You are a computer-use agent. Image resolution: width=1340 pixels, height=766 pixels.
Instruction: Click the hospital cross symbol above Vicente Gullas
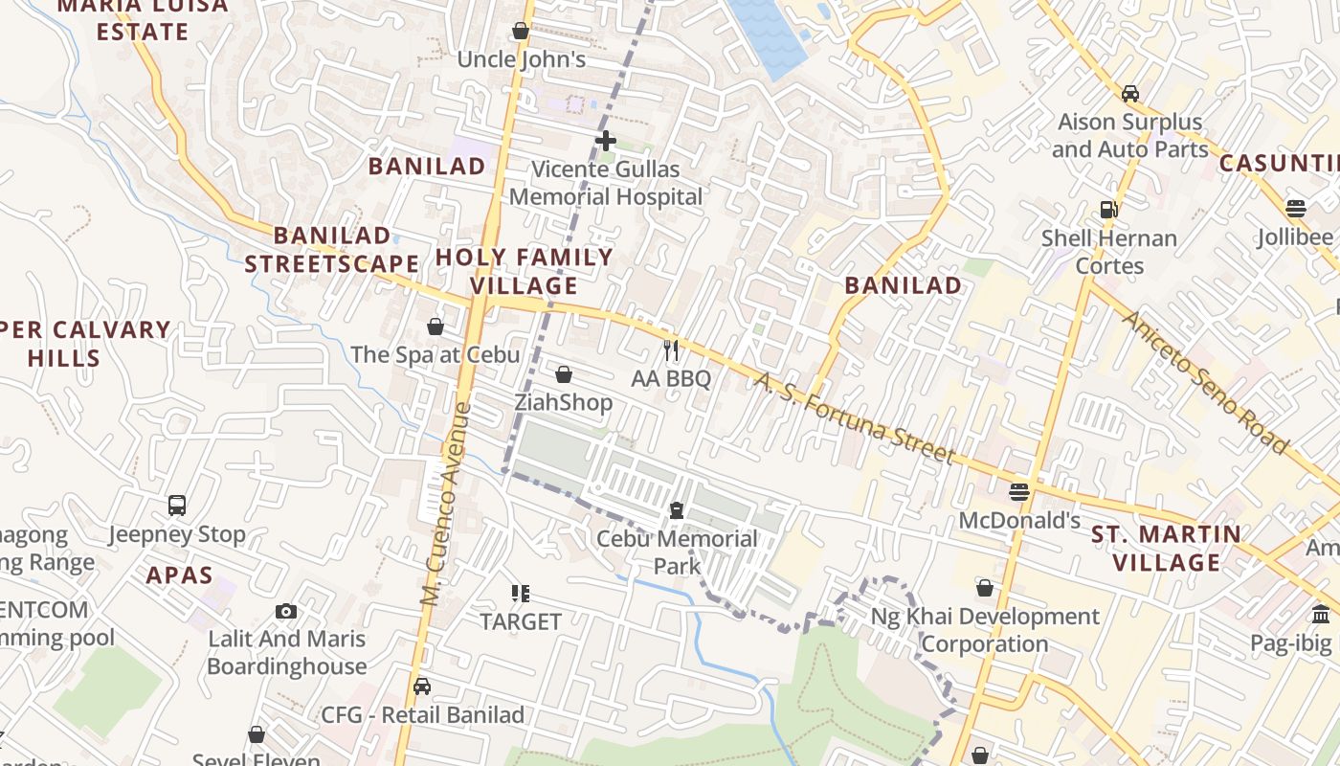(605, 141)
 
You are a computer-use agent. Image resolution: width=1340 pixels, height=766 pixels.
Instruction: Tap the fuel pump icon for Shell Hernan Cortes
(1109, 209)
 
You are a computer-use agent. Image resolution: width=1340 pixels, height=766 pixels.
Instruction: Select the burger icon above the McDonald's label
(1019, 492)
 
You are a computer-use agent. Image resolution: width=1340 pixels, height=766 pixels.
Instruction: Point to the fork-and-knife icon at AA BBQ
(671, 350)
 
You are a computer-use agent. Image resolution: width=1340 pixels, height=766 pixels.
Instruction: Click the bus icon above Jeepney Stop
(177, 506)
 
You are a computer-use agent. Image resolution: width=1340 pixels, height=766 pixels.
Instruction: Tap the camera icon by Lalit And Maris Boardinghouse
(285, 611)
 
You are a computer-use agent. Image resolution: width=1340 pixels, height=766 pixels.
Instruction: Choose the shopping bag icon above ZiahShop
(564, 374)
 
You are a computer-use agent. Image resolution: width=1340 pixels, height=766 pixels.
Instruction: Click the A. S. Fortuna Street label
(854, 417)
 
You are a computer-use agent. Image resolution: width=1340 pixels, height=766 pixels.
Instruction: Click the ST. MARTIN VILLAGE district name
(1167, 548)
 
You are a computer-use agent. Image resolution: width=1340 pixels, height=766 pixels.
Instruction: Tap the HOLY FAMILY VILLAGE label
(525, 271)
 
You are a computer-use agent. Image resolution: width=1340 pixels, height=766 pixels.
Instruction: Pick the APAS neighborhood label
(180, 575)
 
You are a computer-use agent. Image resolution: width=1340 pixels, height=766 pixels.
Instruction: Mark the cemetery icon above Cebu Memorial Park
(677, 510)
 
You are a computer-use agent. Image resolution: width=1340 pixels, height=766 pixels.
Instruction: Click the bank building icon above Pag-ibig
(1321, 615)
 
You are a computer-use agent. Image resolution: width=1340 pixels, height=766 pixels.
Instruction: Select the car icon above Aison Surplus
(1129, 94)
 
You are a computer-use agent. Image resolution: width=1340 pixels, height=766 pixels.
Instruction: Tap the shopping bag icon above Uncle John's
(521, 32)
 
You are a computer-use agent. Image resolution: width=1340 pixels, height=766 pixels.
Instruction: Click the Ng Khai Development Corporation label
(985, 630)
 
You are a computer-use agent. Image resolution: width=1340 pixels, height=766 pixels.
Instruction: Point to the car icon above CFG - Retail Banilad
(421, 687)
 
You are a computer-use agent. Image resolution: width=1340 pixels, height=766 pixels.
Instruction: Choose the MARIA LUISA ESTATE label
(144, 18)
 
